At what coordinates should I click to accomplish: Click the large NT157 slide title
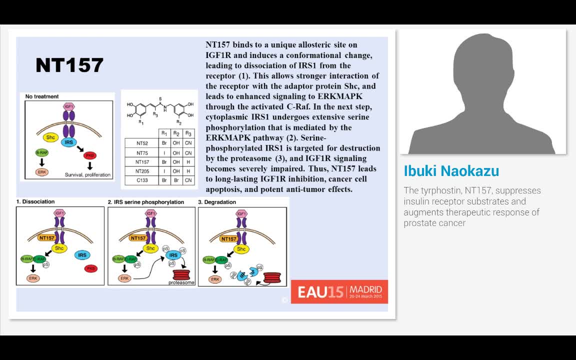tap(69, 65)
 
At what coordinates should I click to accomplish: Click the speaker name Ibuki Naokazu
tap(451, 171)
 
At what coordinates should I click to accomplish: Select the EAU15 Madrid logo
tap(339, 291)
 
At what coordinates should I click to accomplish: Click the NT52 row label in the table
tap(142, 143)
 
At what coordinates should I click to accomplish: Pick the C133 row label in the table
tap(142, 180)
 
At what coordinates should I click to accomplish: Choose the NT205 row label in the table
tap(142, 171)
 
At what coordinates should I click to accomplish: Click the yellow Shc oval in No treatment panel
tap(50, 137)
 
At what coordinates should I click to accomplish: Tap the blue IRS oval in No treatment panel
tap(68, 143)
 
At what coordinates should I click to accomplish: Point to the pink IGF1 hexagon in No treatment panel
tap(68, 106)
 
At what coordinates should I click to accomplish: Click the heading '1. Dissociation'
tap(35, 202)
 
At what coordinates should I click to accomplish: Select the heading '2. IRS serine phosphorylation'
tap(146, 202)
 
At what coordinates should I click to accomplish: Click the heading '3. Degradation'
tap(217, 202)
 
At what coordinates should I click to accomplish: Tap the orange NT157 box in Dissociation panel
tap(46, 238)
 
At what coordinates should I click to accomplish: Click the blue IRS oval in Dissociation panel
tap(82, 255)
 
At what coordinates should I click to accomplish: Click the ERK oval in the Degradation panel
tap(215, 279)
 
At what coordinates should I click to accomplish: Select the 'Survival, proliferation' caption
tap(88, 175)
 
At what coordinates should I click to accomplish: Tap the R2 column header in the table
tap(176, 133)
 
